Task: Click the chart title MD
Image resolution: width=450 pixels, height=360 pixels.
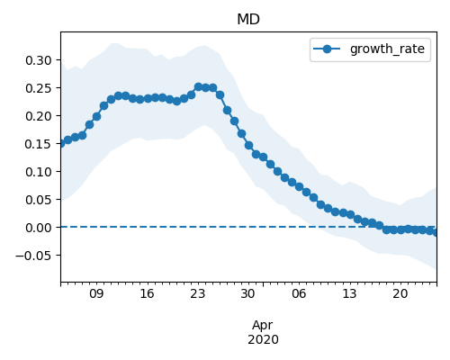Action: pyautogui.click(x=248, y=20)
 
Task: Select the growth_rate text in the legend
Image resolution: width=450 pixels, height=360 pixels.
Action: pyautogui.click(x=387, y=49)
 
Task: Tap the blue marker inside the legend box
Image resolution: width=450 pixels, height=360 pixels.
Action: pyautogui.click(x=327, y=49)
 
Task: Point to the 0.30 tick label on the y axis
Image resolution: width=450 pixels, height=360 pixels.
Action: pyautogui.click(x=39, y=60)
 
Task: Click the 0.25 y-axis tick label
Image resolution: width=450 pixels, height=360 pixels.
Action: pyautogui.click(x=39, y=88)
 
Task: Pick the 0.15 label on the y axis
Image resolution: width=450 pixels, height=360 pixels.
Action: pyautogui.click(x=39, y=144)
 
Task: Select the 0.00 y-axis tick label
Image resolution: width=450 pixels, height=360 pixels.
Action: pyautogui.click(x=39, y=228)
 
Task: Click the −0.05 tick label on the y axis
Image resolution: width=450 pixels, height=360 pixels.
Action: pyautogui.click(x=33, y=256)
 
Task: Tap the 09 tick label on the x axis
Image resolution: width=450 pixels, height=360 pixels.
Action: pyautogui.click(x=96, y=293)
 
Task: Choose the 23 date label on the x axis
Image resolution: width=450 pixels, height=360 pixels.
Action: pyautogui.click(x=197, y=293)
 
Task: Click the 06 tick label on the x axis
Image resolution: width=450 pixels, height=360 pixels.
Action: pyautogui.click(x=299, y=293)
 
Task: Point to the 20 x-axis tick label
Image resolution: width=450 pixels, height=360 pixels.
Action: pyautogui.click(x=400, y=293)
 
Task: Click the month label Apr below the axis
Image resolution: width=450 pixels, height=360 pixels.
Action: pyautogui.click(x=263, y=326)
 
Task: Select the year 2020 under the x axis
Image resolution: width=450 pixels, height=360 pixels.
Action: pyautogui.click(x=263, y=339)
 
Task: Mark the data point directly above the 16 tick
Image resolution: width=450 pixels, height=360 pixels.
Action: pyautogui.click(x=148, y=98)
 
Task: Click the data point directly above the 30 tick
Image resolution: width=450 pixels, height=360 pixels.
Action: pyautogui.click(x=248, y=145)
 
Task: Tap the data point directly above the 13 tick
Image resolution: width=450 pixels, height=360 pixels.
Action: pyautogui.click(x=350, y=214)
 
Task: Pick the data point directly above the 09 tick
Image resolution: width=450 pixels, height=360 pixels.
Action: pyautogui.click(x=96, y=116)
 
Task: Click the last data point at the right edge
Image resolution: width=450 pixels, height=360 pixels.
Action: pyautogui.click(x=435, y=232)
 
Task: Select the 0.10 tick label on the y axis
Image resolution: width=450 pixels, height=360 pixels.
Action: pyautogui.click(x=39, y=172)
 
